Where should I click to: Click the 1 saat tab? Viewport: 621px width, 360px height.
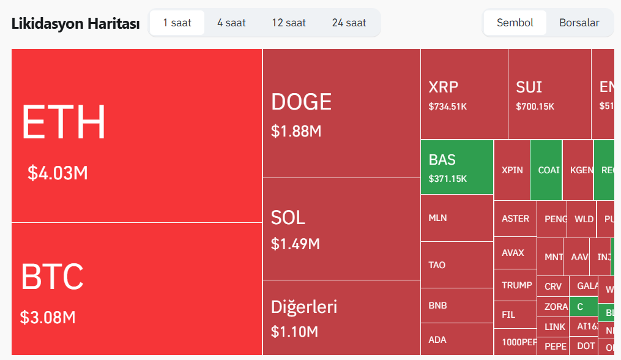click(x=177, y=23)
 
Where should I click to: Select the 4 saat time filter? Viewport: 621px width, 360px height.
click(x=231, y=23)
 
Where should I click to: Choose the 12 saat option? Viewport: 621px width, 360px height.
click(x=289, y=23)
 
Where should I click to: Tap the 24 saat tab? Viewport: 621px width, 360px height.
click(x=349, y=23)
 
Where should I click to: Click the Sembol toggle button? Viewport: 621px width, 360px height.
click(x=515, y=23)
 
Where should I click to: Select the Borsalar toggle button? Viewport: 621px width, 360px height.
click(x=579, y=23)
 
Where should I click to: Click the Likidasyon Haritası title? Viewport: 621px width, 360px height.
click(x=75, y=24)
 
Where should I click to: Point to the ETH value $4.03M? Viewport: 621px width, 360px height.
click(x=58, y=173)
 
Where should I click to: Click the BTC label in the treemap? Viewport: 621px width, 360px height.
click(x=52, y=277)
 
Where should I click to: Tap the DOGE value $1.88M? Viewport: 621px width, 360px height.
click(x=296, y=131)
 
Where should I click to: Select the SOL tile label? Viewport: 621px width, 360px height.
click(x=288, y=217)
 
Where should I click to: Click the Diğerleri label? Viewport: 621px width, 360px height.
click(x=304, y=306)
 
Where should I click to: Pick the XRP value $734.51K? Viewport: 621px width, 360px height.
click(x=448, y=107)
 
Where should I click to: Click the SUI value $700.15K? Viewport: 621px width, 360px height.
click(x=535, y=107)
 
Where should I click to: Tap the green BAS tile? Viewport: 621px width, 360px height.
click(x=456, y=167)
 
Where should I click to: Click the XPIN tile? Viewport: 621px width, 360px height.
click(x=512, y=170)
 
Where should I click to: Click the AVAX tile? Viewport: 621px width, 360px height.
click(x=514, y=253)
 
